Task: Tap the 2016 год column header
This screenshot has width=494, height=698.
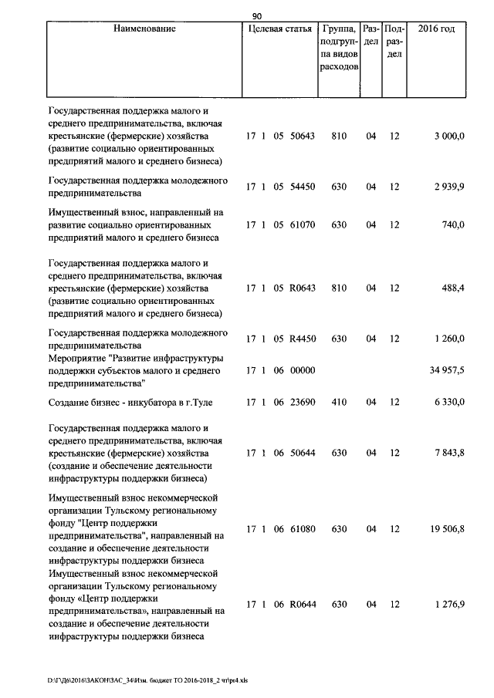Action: click(x=436, y=29)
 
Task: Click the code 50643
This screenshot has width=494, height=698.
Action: click(x=303, y=137)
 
